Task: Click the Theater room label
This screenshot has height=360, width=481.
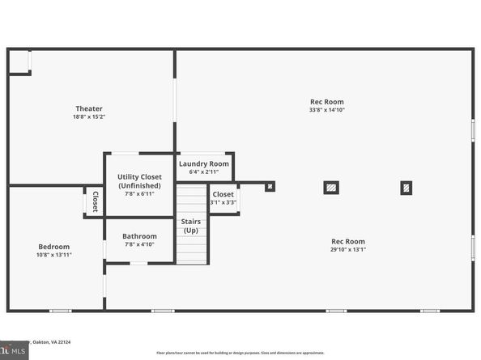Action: coord(89,108)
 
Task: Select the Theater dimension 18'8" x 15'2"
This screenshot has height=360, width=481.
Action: coord(89,117)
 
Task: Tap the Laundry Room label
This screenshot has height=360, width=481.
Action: coord(204,163)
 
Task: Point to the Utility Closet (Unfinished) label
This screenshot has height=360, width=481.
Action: coord(139,180)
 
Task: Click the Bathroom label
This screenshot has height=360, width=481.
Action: coord(140,236)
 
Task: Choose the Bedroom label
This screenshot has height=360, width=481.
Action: coord(54,247)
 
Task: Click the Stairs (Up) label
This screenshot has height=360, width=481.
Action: coord(190,225)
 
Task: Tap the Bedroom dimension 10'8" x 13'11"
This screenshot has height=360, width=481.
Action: coord(54,255)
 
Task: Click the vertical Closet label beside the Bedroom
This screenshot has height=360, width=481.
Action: coord(95,201)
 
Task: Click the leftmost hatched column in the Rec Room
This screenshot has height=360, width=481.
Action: coord(270,187)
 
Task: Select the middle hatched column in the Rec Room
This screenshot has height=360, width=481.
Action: coord(331,188)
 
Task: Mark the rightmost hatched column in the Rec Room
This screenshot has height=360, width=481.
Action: coord(406,188)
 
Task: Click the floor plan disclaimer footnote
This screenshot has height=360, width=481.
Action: coord(240,354)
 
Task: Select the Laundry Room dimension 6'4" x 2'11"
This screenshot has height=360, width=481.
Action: coord(204,172)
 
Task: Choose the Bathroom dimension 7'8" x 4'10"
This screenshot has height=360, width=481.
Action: coord(140,244)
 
